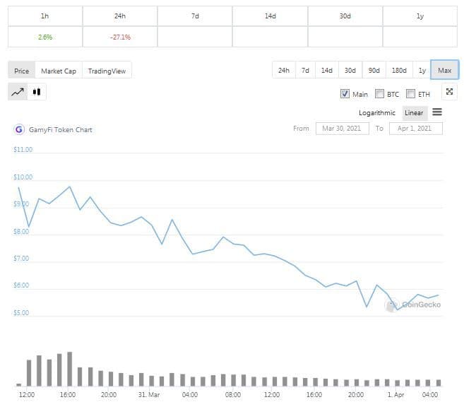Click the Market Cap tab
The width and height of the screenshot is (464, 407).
click(x=59, y=71)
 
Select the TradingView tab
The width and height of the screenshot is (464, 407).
click(x=107, y=71)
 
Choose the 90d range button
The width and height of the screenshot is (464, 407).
click(x=374, y=70)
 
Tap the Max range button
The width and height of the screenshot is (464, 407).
click(x=444, y=70)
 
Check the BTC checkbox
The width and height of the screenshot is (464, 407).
click(x=380, y=93)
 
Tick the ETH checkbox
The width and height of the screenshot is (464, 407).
click(x=411, y=93)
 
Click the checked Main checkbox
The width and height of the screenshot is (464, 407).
click(x=345, y=93)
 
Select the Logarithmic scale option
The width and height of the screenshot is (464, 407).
click(x=377, y=112)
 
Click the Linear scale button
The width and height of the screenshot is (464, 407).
click(x=414, y=112)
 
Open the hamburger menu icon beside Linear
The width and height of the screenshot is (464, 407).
click(x=437, y=112)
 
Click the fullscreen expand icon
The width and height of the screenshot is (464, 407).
click(x=450, y=93)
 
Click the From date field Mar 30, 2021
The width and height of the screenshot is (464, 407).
click(x=342, y=129)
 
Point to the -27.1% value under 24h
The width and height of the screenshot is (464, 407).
click(x=120, y=37)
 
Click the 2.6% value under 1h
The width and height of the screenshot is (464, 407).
click(x=45, y=37)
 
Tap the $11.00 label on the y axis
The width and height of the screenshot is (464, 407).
click(x=23, y=150)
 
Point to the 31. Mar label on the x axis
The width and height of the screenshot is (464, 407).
click(x=150, y=394)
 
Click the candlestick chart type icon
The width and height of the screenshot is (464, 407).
click(x=37, y=91)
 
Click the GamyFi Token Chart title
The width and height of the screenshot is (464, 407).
click(x=60, y=129)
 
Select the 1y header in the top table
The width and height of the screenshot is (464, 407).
click(x=420, y=16)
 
